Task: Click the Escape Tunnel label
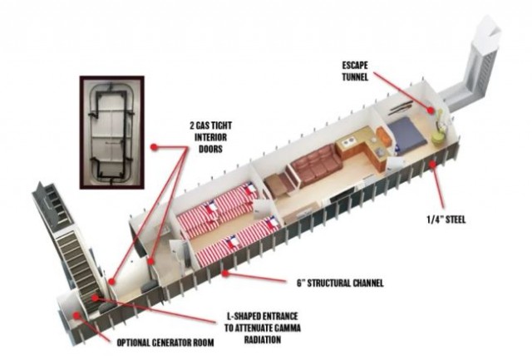point(355,72)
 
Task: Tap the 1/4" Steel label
point(446,219)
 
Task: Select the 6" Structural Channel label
point(340,283)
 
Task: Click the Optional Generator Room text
point(165,343)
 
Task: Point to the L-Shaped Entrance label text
point(262,328)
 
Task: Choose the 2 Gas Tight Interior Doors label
point(210,137)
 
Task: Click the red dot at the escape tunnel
point(431,111)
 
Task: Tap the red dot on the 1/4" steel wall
point(432,165)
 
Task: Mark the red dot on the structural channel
point(224,273)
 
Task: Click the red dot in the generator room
point(77,315)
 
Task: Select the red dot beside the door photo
point(155,147)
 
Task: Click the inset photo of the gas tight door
point(112,132)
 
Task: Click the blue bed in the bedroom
point(406,136)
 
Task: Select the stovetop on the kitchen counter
point(349,141)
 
